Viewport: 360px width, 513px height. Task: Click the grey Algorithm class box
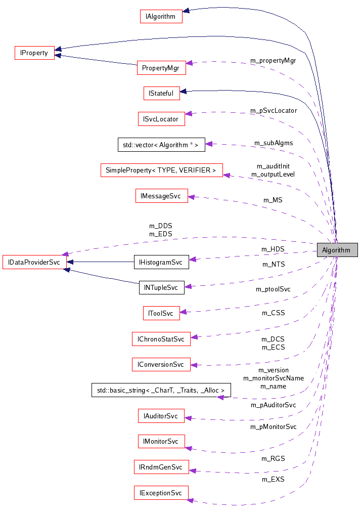click(x=337, y=250)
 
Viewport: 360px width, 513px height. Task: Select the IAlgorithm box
click(x=161, y=16)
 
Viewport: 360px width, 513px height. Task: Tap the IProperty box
click(x=34, y=53)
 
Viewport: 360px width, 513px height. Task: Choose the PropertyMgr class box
click(x=161, y=68)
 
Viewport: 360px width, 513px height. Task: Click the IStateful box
click(x=161, y=93)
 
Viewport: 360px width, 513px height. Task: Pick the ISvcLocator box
click(x=161, y=119)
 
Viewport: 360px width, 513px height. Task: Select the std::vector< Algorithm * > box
click(x=161, y=145)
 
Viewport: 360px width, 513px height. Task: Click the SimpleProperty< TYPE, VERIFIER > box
click(x=161, y=170)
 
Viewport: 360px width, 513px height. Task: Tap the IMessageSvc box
click(x=161, y=196)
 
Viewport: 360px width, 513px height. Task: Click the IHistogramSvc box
click(x=161, y=262)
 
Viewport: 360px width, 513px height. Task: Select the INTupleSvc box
click(x=161, y=287)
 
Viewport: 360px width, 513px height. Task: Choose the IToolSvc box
click(x=161, y=313)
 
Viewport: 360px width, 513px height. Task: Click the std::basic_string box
click(x=161, y=390)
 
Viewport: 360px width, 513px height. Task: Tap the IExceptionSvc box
click(x=161, y=493)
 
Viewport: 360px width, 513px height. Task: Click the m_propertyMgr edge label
click(x=273, y=60)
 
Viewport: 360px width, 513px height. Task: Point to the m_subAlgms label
click(x=274, y=143)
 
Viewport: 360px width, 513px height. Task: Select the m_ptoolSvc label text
click(x=273, y=289)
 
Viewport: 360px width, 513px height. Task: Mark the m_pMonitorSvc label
click(x=273, y=426)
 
